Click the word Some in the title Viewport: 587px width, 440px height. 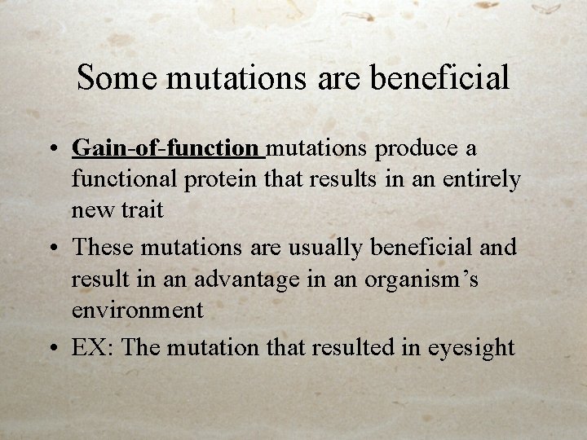coord(117,78)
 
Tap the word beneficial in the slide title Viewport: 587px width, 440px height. coord(439,78)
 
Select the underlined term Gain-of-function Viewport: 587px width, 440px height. coord(166,148)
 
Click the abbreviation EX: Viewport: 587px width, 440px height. coord(94,347)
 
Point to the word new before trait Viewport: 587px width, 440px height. coord(94,210)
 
